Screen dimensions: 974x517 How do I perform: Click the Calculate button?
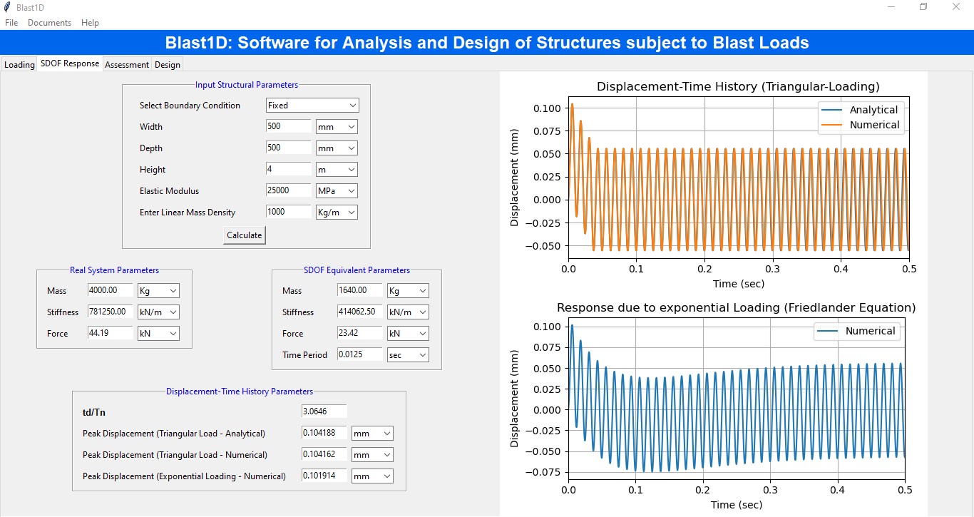click(x=244, y=235)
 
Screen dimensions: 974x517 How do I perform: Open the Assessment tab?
click(x=126, y=64)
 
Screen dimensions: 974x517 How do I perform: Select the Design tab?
click(x=168, y=64)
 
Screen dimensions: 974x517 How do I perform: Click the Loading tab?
click(x=19, y=64)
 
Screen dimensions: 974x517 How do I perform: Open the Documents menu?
click(x=49, y=23)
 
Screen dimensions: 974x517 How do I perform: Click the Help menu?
click(x=90, y=23)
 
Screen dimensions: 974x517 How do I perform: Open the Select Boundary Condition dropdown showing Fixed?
click(x=312, y=106)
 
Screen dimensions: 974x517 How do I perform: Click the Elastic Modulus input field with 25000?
click(x=288, y=190)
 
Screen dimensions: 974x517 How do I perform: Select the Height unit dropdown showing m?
click(x=337, y=170)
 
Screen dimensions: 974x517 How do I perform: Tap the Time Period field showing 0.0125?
click(x=359, y=354)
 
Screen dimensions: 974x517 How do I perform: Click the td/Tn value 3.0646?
click(x=324, y=411)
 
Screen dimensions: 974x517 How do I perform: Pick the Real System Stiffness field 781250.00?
click(x=110, y=312)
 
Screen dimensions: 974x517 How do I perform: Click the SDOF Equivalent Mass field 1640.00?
click(x=359, y=290)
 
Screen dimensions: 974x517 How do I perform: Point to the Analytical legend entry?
click(x=859, y=110)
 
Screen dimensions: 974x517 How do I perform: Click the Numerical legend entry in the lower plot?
click(x=856, y=332)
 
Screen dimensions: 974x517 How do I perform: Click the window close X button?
click(x=955, y=7)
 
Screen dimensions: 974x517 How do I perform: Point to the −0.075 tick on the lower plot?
click(x=543, y=472)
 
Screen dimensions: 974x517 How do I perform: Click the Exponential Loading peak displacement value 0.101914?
click(x=324, y=476)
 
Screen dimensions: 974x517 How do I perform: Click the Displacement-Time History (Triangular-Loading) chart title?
click(x=738, y=86)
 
